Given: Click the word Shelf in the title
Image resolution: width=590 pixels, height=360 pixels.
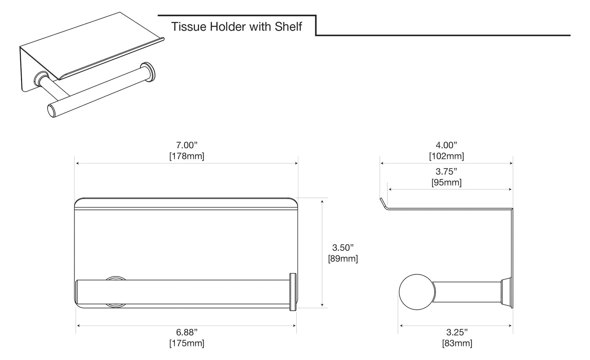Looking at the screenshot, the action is (288, 27).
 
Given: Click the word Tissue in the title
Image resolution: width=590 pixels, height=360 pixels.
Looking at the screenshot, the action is (189, 27).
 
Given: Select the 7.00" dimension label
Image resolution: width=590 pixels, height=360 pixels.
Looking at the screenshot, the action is (186, 145).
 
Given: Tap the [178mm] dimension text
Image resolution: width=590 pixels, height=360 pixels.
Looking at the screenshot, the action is (186, 156).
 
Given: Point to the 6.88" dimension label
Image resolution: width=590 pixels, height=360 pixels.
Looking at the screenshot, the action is (186, 332).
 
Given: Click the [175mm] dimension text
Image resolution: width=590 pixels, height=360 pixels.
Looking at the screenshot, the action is (186, 344).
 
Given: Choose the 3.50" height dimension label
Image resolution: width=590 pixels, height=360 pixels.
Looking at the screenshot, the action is (343, 248).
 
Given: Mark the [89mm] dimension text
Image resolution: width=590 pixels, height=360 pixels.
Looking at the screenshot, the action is (343, 259).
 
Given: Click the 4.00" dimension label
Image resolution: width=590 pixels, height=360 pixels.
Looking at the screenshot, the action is (446, 145).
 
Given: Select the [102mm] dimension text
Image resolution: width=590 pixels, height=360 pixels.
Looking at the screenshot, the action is (446, 156).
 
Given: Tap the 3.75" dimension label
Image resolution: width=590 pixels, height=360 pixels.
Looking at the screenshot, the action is (446, 172).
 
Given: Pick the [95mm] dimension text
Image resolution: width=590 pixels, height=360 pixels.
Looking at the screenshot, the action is (446, 183).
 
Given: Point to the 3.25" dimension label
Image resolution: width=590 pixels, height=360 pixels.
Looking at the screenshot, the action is (457, 332).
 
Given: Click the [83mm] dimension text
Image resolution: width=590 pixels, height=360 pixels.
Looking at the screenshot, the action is (457, 344).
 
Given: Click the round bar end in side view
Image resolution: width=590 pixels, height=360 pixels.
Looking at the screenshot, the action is (417, 292).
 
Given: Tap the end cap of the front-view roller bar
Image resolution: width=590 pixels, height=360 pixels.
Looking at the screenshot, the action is (293, 292).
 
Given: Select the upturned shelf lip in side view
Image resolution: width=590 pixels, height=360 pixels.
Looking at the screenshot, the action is (383, 204).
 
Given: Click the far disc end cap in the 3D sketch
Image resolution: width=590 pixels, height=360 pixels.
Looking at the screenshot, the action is (147, 72).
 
